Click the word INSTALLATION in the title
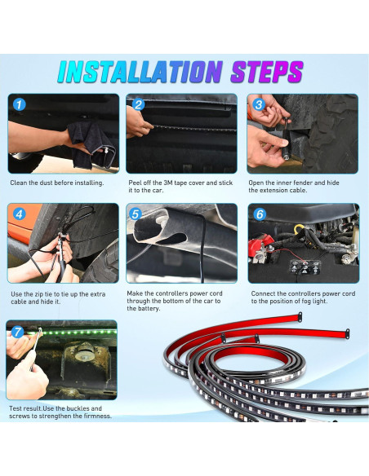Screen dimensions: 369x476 point(140,72)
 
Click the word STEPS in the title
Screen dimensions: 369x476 point(267,72)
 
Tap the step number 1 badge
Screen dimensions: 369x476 point(19,104)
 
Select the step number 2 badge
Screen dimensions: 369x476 point(138,104)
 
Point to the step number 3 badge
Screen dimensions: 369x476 point(259,104)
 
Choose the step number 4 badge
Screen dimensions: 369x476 point(19,214)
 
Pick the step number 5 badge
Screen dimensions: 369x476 point(136,214)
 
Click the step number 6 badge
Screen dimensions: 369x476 point(260,214)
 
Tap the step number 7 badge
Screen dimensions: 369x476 point(17,332)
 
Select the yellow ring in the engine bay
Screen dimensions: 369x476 point(300,228)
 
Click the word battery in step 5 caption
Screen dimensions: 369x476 point(148,309)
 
